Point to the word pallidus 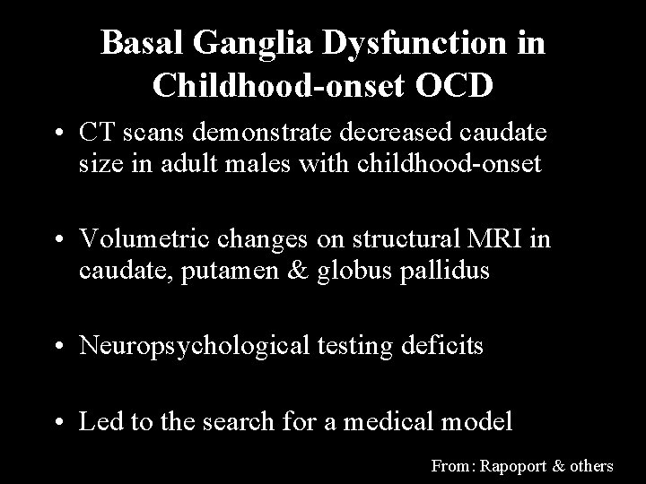coord(444,271)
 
